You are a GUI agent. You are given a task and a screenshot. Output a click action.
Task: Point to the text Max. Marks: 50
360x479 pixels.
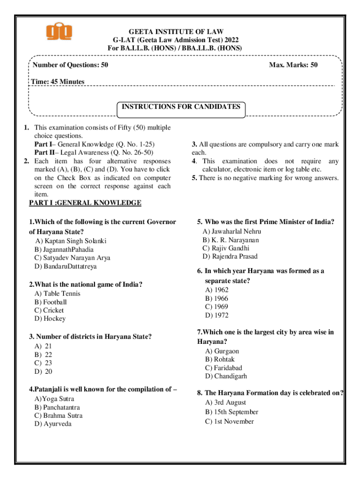tap(293, 65)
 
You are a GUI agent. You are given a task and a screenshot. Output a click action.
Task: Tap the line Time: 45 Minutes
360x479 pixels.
tap(58, 82)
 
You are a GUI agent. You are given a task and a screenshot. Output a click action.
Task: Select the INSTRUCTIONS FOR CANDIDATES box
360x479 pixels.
tap(181, 107)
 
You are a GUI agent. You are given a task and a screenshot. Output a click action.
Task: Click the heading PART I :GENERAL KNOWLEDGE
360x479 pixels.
tap(85, 203)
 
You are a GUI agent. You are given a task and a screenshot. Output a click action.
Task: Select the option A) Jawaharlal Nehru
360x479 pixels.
tap(232, 232)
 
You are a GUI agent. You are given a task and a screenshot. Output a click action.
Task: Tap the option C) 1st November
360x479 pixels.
tap(229, 421)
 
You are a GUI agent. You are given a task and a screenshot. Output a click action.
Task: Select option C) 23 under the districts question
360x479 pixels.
tap(43, 363)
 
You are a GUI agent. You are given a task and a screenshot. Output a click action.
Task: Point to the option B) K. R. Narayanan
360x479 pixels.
tap(230, 240)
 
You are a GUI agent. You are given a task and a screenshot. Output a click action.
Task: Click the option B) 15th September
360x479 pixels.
tap(231, 412)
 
